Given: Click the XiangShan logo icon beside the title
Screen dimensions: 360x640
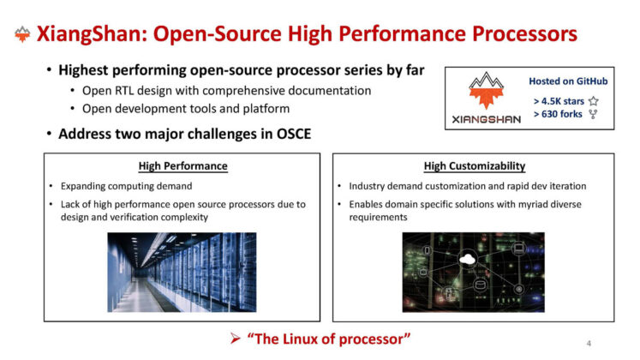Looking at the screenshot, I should [x=21, y=35].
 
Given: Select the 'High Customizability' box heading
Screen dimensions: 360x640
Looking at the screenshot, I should [x=474, y=165].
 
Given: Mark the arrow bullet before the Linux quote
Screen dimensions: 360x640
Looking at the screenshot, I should [x=236, y=339].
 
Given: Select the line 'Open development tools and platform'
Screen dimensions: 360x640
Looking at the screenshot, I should [x=184, y=108].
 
